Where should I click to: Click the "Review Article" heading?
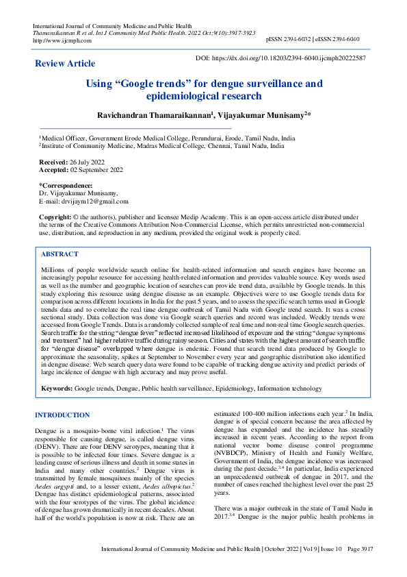[65, 64]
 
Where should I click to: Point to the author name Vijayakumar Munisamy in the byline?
[263, 116]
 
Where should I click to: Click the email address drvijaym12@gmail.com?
[94, 201]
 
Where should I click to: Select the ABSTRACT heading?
[60, 254]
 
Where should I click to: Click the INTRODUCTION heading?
[62, 415]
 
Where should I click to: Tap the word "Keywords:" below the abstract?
[57, 389]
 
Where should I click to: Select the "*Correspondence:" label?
[66, 186]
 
